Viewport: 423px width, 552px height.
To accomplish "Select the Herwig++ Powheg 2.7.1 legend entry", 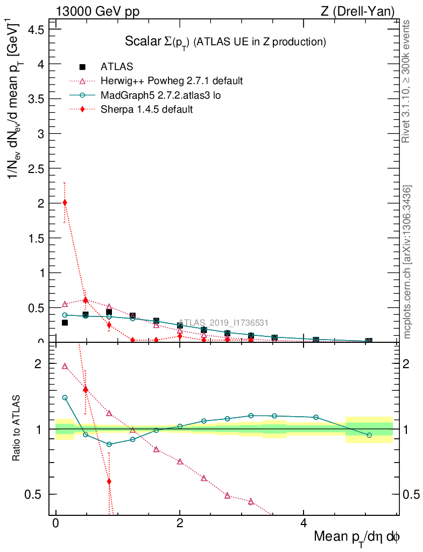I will [x=172, y=81].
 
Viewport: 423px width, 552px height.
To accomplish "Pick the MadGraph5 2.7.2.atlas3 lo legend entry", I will [x=161, y=95].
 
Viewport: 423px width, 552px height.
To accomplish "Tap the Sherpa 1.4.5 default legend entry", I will [x=146, y=109].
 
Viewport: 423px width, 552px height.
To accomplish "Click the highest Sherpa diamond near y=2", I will [x=65, y=203].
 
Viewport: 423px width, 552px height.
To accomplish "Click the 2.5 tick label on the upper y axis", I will [x=35, y=168].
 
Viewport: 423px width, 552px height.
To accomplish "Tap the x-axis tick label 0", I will [x=55, y=523].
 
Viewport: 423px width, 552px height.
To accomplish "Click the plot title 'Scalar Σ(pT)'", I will [x=225, y=42].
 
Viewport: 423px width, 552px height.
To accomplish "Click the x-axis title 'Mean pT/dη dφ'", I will [x=357, y=537].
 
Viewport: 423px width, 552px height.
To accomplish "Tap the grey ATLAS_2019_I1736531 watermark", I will [x=223, y=322].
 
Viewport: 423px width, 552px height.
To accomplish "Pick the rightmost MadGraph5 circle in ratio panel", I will [x=369, y=435].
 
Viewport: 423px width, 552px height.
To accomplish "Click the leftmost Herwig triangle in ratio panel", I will [x=65, y=366].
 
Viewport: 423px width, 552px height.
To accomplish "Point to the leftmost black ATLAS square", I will [x=65, y=323].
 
